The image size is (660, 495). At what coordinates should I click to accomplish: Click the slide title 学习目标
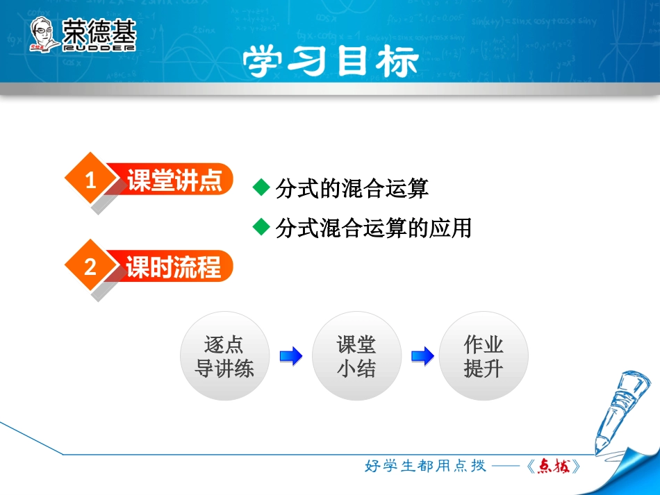(330, 62)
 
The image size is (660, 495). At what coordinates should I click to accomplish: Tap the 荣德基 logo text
(99, 31)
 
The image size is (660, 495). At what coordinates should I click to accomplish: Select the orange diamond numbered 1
(90, 181)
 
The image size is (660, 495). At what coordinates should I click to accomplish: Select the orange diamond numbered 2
(90, 267)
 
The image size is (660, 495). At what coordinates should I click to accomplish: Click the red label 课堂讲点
(174, 181)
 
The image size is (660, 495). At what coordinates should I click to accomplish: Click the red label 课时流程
(174, 267)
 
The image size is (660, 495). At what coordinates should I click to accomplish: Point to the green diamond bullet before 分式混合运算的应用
(261, 226)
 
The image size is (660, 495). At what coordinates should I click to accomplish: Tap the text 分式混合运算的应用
(373, 228)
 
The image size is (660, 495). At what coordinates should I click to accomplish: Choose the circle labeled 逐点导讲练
(224, 356)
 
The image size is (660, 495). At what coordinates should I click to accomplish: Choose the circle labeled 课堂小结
(356, 356)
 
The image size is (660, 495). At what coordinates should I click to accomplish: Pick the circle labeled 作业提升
(483, 356)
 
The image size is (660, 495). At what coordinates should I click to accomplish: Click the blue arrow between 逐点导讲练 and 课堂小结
(290, 357)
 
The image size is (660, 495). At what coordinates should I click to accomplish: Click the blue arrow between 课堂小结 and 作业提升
(422, 357)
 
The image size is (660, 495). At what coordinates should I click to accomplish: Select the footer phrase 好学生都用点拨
(425, 466)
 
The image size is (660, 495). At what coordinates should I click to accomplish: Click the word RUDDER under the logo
(99, 48)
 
